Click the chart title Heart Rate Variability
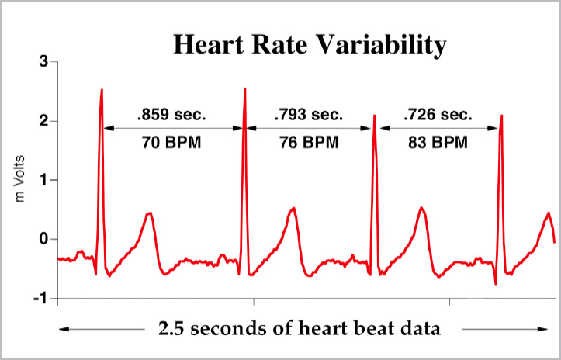point(310,45)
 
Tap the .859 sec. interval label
point(171,115)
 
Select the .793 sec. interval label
point(308,115)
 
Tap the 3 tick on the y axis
point(43,62)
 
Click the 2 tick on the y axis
point(43,121)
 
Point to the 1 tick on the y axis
point(43,180)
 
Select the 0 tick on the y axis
point(43,239)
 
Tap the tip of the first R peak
point(102,90)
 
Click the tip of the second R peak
point(245,88)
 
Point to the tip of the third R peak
point(375,116)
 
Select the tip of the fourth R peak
point(502,116)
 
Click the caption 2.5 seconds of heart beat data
point(299,328)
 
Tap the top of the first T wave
point(150,213)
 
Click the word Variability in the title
point(379,45)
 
